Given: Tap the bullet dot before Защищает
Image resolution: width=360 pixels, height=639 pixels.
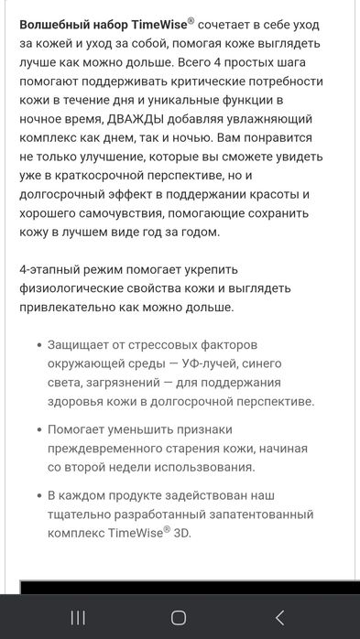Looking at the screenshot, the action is coord(38,347).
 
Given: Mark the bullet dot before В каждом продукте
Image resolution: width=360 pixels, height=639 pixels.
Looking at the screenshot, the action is coord(38,496).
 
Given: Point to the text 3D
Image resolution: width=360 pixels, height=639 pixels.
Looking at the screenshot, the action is coord(184,533).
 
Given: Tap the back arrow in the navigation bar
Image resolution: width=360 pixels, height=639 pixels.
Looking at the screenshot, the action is coord(280,617).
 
